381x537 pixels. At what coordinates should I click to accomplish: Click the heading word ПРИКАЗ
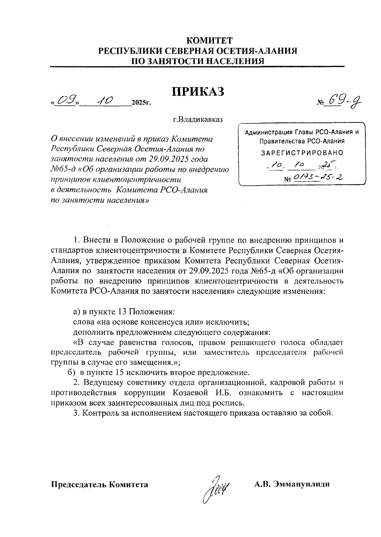tap(198, 92)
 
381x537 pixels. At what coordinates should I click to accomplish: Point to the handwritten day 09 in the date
tap(67, 101)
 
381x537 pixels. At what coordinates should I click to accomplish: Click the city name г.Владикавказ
tap(198, 120)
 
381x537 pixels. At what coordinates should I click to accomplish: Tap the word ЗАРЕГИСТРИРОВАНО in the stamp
tap(302, 153)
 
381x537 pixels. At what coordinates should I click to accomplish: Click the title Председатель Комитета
tap(99, 484)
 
